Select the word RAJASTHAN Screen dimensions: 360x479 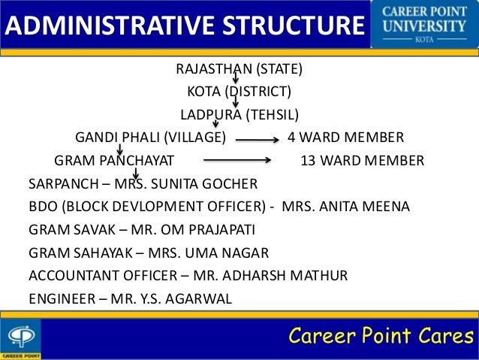212,70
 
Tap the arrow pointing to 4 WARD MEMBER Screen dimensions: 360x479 258,139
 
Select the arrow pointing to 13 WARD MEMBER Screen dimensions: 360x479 236,161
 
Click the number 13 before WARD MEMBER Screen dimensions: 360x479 308,161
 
